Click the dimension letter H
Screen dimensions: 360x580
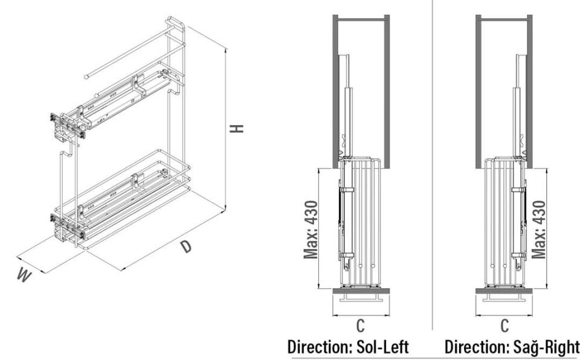pyautogui.click(x=239, y=128)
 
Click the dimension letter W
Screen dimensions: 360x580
pyautogui.click(x=24, y=275)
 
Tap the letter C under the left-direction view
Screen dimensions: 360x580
pyautogui.click(x=360, y=326)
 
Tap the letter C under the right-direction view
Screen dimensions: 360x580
pyautogui.click(x=504, y=326)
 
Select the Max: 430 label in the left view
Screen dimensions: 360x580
pyautogui.click(x=311, y=229)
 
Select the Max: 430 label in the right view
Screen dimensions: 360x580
pyautogui.click(x=539, y=229)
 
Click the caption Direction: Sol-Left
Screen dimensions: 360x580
pyautogui.click(x=348, y=347)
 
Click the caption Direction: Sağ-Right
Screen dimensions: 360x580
pyautogui.click(x=512, y=347)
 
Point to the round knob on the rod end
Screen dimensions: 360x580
pyautogui.click(x=87, y=77)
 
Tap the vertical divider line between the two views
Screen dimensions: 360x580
pyautogui.click(x=433, y=163)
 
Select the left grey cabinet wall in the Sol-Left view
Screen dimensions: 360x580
pyautogui.click(x=335, y=91)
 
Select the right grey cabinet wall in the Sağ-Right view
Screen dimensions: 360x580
pyautogui.click(x=530, y=91)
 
